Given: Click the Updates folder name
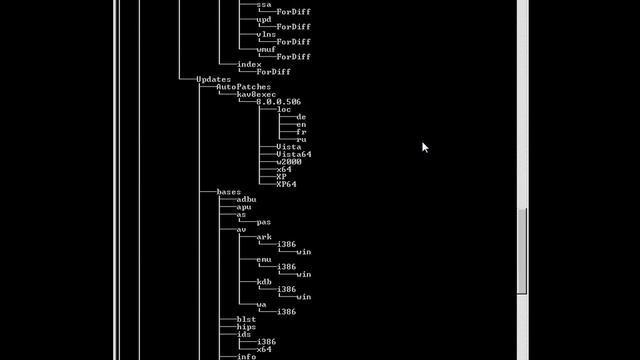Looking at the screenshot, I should point(213,79).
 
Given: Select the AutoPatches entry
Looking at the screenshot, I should point(243,87).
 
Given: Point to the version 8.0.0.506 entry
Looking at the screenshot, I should point(278,102).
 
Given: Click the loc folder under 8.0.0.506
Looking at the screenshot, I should point(285,109).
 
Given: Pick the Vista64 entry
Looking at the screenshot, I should point(293,154).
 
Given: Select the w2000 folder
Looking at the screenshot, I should point(288,162).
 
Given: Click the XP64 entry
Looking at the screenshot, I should point(286,184).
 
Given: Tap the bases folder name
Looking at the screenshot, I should point(228,192).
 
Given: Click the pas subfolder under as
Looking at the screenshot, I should point(263,222).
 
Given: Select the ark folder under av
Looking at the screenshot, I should point(263,237).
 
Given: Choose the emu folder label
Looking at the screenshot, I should point(263,259).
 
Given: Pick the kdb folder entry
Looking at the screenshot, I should point(263,282).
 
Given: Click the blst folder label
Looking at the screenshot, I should point(246,319).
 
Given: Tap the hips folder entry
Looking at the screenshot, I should point(246,327).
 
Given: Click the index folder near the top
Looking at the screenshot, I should point(248,64).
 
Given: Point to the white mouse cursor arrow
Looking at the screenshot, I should point(424,146).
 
